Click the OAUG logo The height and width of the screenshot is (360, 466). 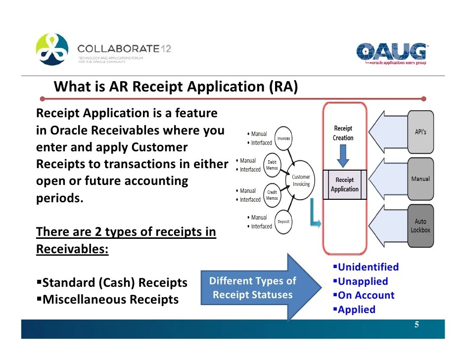392,53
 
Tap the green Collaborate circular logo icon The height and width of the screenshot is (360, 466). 51,49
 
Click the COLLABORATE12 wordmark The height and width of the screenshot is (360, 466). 124,49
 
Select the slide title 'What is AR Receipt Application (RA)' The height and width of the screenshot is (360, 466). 176,87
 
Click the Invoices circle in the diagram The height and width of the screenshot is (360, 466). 283,138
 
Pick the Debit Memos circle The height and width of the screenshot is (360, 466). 272,165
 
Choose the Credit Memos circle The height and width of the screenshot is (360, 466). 272,195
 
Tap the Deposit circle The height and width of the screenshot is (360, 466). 283,222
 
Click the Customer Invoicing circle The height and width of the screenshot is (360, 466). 301,180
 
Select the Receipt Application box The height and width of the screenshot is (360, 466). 345,184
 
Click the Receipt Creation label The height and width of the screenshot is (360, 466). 343,133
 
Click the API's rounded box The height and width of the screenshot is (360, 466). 420,132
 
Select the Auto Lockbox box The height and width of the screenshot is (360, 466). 420,225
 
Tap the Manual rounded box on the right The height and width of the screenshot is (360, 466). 420,179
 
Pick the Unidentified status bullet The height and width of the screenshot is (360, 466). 366,267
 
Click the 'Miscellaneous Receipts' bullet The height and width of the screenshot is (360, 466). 108,299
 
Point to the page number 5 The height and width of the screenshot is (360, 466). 417,325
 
